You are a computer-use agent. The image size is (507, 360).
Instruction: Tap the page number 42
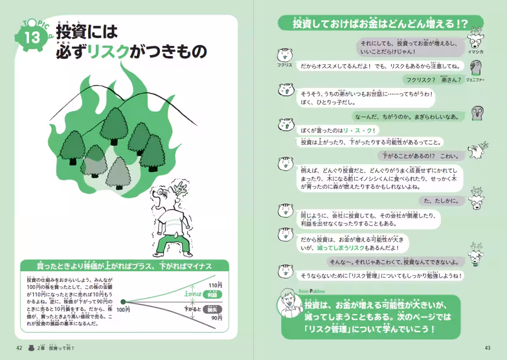click(x=19, y=348)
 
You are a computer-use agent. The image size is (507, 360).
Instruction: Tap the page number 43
click(x=487, y=348)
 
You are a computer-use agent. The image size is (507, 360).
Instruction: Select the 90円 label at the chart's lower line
click(x=216, y=318)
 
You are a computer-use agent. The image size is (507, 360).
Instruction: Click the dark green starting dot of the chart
click(x=123, y=302)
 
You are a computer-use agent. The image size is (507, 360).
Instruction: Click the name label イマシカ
click(x=476, y=52)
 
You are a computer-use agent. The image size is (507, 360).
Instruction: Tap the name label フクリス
click(x=285, y=65)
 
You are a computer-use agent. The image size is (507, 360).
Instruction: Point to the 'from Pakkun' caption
click(x=311, y=291)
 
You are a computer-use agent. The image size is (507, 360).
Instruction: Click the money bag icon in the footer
click(x=31, y=348)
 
